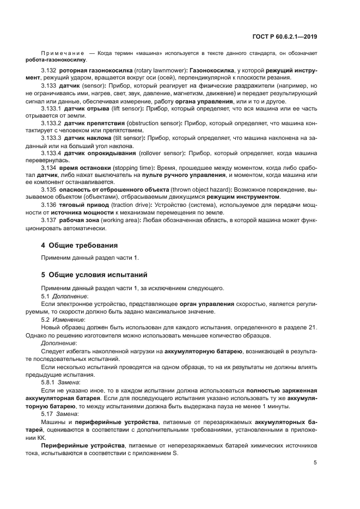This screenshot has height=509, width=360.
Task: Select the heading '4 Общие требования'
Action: click(x=80, y=246)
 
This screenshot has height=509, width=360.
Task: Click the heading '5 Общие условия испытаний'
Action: click(x=94, y=274)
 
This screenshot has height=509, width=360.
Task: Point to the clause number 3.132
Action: click(x=49, y=71)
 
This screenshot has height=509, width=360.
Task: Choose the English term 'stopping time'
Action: click(x=135, y=168)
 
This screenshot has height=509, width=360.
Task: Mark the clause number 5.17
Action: click(x=47, y=413)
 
